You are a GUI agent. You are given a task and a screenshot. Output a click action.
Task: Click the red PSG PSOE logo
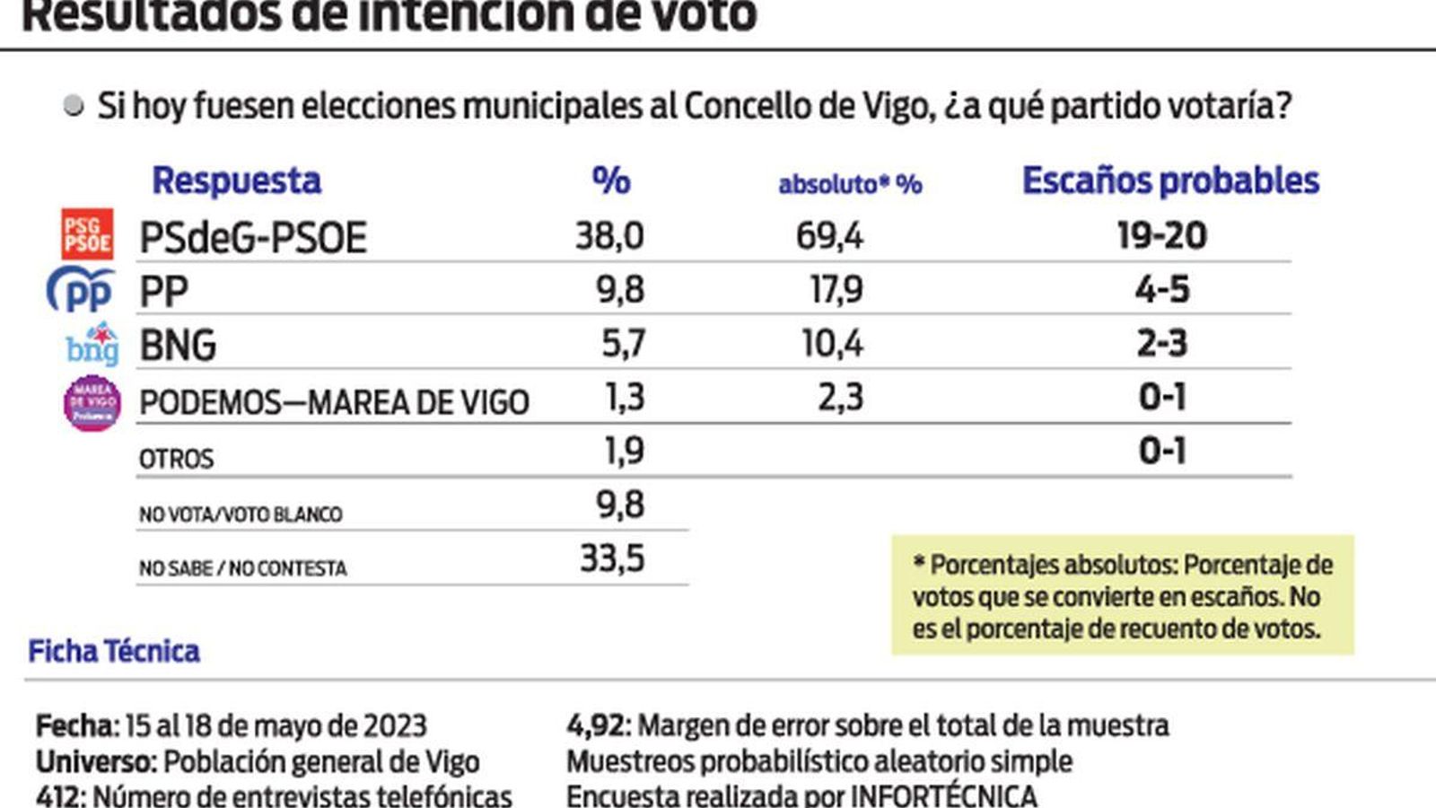pyautogui.click(x=87, y=234)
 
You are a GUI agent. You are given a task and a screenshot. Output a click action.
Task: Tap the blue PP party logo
pyautogui.click(x=81, y=290)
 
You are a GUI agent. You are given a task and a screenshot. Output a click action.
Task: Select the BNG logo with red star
pyautogui.click(x=92, y=344)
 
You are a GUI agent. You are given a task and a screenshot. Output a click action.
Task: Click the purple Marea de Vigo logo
pyautogui.click(x=92, y=402)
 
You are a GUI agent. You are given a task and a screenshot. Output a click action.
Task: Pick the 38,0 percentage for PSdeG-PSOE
pyautogui.click(x=609, y=236)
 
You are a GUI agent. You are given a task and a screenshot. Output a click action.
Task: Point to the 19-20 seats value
pyautogui.click(x=1161, y=236)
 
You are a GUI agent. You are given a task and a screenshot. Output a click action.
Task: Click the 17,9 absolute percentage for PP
pyautogui.click(x=836, y=290)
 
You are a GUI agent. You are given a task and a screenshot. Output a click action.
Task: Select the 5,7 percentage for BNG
pyautogui.click(x=622, y=344)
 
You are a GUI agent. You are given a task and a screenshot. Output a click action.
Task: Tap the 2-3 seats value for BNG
pyautogui.click(x=1161, y=344)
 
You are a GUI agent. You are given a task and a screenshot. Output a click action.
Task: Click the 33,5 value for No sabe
pyautogui.click(x=612, y=558)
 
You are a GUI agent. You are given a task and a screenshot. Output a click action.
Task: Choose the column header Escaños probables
pyautogui.click(x=1170, y=181)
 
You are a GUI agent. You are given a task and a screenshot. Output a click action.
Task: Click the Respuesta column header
pyautogui.click(x=236, y=181)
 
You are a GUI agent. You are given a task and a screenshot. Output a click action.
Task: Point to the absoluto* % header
pyautogui.click(x=849, y=184)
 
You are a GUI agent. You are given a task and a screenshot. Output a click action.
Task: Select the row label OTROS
pyautogui.click(x=176, y=459)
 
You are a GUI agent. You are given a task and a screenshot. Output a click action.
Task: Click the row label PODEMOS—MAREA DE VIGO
pyautogui.click(x=334, y=402)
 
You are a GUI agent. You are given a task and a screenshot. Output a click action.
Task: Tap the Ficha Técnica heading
pyautogui.click(x=114, y=651)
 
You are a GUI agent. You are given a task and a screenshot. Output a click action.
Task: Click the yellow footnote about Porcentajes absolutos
pyautogui.click(x=1122, y=596)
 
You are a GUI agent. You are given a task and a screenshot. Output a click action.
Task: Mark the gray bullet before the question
pyautogui.click(x=74, y=106)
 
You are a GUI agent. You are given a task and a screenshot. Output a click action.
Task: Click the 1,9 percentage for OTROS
pyautogui.click(x=624, y=451)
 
